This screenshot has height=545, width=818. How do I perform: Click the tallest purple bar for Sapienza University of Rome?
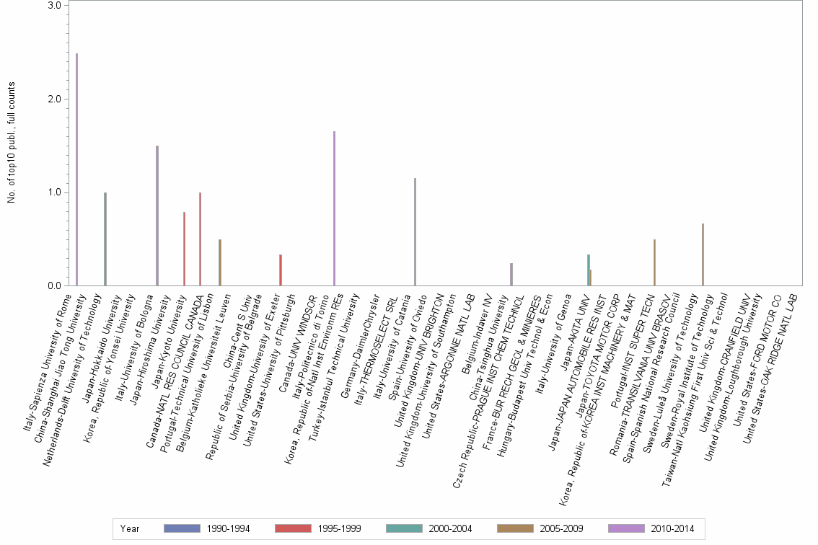click(x=76, y=169)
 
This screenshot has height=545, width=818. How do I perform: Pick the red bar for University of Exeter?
click(x=280, y=270)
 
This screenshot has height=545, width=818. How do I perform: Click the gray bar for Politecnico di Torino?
click(x=334, y=208)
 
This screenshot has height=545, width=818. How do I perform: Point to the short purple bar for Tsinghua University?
click(x=511, y=275)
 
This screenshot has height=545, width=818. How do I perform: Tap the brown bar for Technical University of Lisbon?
click(x=219, y=262)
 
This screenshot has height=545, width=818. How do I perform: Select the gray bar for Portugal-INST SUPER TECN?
click(x=654, y=262)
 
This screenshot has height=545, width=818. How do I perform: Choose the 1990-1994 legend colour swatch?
click(x=182, y=528)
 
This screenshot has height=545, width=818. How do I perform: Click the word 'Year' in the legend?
click(x=130, y=528)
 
